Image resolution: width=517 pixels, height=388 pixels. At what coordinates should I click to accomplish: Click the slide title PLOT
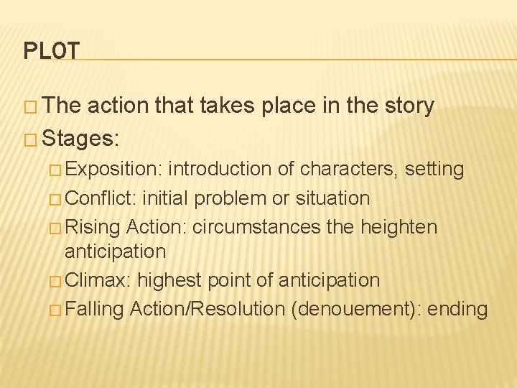click(51, 51)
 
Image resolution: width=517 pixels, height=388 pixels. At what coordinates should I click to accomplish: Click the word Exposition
click(113, 170)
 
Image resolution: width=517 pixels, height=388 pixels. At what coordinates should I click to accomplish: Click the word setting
click(434, 170)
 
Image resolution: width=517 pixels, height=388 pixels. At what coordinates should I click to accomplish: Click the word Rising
click(92, 227)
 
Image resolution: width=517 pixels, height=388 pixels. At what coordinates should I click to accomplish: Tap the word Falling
click(94, 309)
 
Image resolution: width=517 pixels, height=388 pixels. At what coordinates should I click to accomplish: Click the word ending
click(459, 309)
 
